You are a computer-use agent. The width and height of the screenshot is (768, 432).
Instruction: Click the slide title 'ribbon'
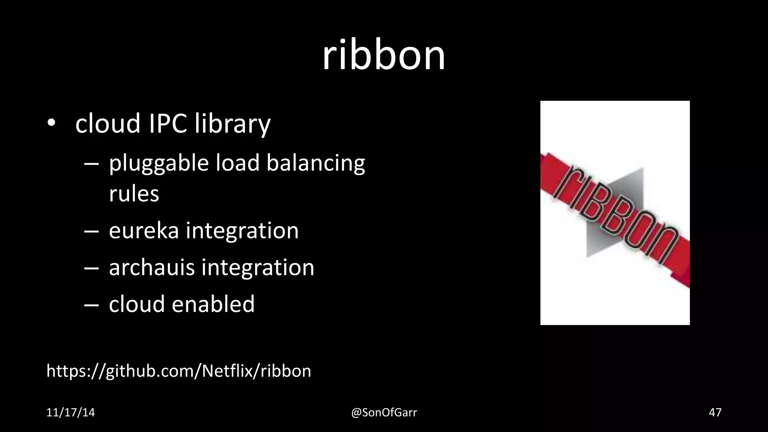384,55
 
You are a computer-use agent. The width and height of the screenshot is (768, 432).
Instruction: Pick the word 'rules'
134,193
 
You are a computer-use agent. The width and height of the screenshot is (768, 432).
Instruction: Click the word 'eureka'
144,230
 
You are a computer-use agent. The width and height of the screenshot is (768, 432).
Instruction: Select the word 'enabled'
213,304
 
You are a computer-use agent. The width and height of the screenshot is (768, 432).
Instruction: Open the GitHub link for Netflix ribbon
178,371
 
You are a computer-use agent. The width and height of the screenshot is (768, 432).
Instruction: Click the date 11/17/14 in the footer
70,412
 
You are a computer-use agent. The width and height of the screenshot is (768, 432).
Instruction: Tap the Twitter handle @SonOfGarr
384,412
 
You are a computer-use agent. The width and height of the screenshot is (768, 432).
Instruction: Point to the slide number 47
715,412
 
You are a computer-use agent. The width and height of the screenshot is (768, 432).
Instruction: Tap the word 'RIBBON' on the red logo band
619,214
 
